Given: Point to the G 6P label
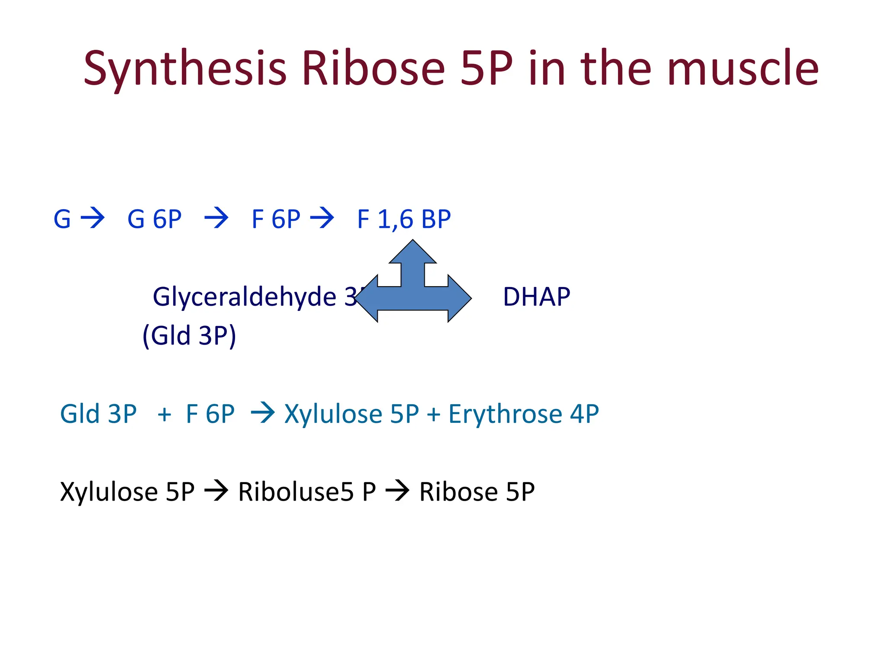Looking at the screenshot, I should [154, 219].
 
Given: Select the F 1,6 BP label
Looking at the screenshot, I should [404, 219].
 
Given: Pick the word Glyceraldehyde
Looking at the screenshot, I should [244, 297].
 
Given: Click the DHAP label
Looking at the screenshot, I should [536, 297].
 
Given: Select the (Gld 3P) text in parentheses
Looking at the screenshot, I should [189, 335].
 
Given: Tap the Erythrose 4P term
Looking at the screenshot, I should [523, 414].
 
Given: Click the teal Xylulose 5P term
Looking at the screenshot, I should [351, 414].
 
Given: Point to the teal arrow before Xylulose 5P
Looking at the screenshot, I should [263, 412].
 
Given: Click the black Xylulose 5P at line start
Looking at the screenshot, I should [127, 492].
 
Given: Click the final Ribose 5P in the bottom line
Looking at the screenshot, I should [477, 492].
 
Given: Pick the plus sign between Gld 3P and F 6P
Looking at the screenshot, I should [164, 415].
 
